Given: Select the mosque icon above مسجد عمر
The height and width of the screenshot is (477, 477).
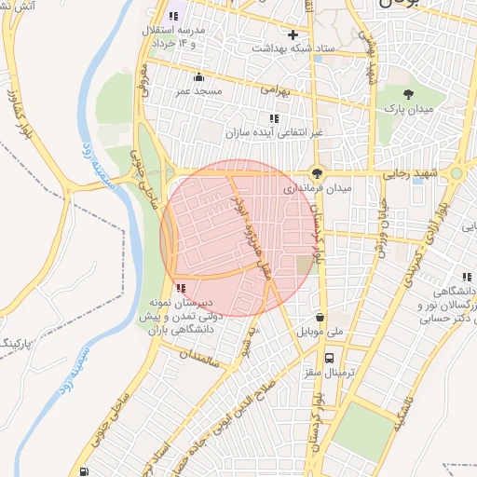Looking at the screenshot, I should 198,78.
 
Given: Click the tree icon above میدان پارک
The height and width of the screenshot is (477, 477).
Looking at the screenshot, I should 408,93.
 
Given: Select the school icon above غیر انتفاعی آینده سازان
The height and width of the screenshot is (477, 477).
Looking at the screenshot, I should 274,118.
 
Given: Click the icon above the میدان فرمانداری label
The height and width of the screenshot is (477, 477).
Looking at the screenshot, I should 318,172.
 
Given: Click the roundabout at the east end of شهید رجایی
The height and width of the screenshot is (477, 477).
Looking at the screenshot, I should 457,173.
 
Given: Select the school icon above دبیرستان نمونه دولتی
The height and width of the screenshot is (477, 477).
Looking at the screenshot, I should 179,288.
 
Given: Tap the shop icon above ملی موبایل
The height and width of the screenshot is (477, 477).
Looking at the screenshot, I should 320,317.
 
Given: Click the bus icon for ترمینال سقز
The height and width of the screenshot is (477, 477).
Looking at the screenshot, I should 329,358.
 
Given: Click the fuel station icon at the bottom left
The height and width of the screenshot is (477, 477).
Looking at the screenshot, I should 86,470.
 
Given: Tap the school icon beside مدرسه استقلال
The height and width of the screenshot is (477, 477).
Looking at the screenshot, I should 173,16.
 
